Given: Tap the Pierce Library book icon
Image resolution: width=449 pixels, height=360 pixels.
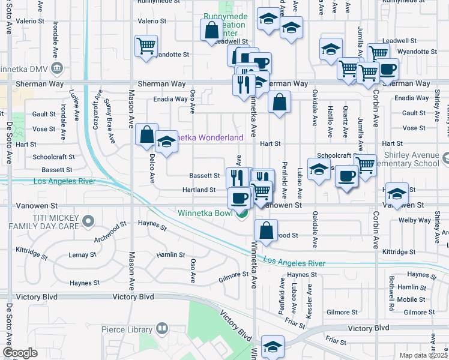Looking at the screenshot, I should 161,329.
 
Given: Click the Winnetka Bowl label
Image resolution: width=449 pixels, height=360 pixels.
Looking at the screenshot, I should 205,212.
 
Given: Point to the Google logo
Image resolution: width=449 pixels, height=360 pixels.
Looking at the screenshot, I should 20,353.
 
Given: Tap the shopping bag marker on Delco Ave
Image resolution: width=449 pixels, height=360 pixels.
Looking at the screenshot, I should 146,135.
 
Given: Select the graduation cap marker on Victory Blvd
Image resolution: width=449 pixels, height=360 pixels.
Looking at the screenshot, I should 273,346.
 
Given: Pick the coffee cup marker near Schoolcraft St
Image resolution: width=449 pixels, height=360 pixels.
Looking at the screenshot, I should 346,176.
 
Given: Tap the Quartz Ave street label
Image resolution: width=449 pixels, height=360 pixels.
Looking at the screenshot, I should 345,122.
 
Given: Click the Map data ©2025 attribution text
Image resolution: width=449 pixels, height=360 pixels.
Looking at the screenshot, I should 423,355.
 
